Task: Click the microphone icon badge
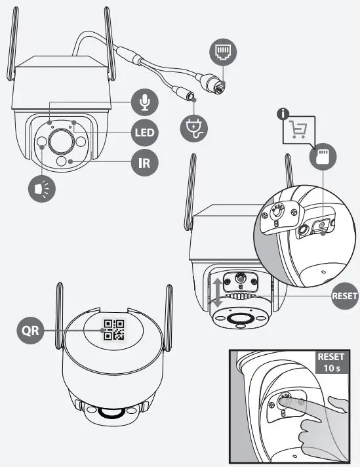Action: [x=144, y=102]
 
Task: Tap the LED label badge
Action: [x=144, y=134]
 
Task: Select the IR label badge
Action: [x=144, y=162]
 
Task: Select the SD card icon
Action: [x=323, y=157]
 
